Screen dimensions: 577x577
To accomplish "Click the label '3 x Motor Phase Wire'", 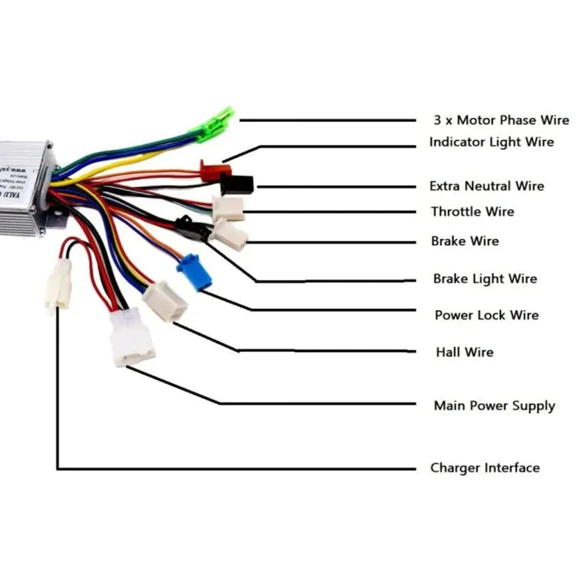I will (501, 120).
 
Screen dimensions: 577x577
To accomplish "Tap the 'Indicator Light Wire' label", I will (491, 143).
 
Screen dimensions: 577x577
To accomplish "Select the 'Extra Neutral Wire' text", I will (486, 186).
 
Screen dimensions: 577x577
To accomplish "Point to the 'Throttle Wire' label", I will (472, 212).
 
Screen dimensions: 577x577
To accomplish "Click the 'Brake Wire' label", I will (465, 242).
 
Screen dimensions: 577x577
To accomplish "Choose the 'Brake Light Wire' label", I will (485, 279).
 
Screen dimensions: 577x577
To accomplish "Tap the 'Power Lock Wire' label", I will (486, 315).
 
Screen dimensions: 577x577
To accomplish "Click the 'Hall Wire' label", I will (464, 352).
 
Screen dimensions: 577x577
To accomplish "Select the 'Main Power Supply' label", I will (494, 406).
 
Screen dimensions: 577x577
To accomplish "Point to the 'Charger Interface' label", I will (485, 467).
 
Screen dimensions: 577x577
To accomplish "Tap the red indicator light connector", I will (215, 169).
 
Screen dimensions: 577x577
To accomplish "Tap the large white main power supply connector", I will (132, 337).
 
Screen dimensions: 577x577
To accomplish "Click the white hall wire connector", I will (166, 301).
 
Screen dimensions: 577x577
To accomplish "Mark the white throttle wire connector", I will (228, 209).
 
